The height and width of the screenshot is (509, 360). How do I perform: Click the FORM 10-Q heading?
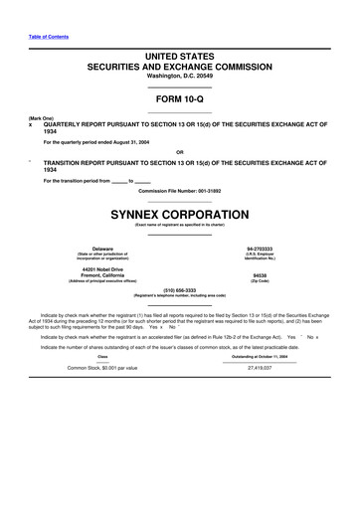(180, 99)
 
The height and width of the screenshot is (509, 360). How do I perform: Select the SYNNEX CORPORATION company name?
(180, 214)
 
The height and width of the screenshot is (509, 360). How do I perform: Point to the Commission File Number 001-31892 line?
(180, 190)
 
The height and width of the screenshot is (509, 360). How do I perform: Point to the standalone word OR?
(180, 151)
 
